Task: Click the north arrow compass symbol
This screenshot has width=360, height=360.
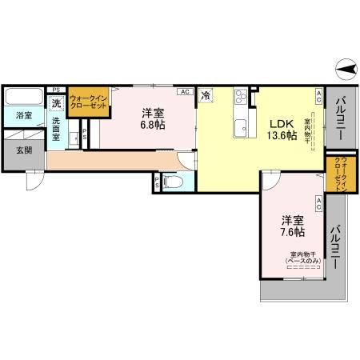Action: [x=346, y=71]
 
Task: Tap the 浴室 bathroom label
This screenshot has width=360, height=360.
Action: [x=23, y=116]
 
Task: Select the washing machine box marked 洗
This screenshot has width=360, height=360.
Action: [x=56, y=103]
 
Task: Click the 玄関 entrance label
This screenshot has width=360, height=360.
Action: [x=23, y=150]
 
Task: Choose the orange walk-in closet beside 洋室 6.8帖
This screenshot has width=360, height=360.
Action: [x=88, y=102]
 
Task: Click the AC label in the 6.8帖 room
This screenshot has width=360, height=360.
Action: [x=185, y=93]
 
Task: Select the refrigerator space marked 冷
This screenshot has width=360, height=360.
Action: [x=206, y=96]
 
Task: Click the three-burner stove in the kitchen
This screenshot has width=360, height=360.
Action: [x=242, y=99]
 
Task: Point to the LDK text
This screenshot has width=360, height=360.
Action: [x=282, y=123]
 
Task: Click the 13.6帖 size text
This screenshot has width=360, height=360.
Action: [x=282, y=136]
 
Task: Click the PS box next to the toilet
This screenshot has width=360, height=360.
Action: [x=157, y=183]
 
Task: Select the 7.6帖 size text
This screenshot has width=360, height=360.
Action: [x=292, y=232]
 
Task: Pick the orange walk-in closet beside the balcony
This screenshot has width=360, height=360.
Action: [x=340, y=174]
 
